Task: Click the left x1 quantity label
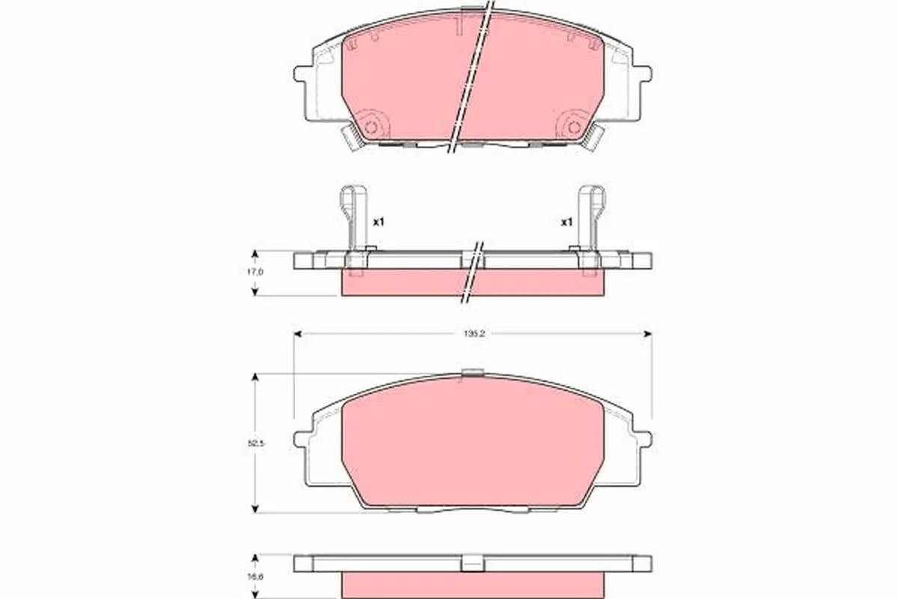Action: pyautogui.click(x=378, y=222)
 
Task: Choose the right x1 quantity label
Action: pyautogui.click(x=566, y=222)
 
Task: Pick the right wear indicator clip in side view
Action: pyautogui.click(x=591, y=217)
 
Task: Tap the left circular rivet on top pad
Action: pyautogui.click(x=370, y=126)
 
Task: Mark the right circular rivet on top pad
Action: pyautogui.click(x=575, y=126)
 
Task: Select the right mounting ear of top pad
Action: pyautogui.click(x=644, y=75)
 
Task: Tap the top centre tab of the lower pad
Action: pyautogui.click(x=472, y=372)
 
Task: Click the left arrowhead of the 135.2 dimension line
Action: pyautogui.click(x=297, y=333)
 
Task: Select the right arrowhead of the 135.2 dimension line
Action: pyautogui.click(x=648, y=333)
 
